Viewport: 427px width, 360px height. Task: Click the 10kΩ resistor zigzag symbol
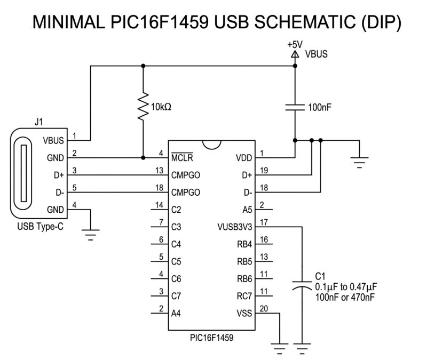143,107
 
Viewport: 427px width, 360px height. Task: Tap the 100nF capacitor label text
320,107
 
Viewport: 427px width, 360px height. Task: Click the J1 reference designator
38,122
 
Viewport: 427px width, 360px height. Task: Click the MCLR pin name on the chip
183,158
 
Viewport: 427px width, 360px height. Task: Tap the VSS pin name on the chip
243,314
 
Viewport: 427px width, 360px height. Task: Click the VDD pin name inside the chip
243,158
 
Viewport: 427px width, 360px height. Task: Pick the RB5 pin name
243,262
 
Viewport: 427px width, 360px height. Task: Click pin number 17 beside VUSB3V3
262,222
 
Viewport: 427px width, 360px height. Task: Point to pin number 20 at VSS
262,309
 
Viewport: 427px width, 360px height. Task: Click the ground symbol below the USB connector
92,233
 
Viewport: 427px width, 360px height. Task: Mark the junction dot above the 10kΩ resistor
143,66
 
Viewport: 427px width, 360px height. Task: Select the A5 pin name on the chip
246,210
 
